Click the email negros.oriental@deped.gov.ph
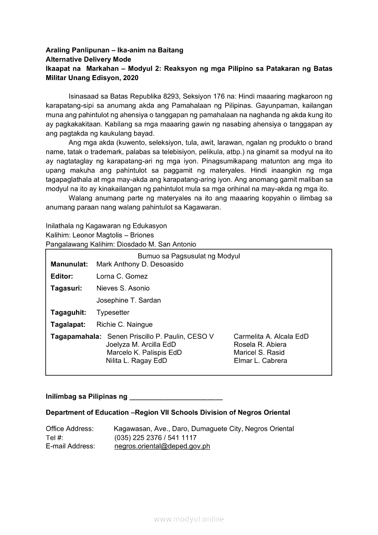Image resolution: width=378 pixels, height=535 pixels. pyautogui.click(x=162, y=446)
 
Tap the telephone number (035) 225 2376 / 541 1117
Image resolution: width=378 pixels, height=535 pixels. pyautogui.click(x=155, y=438)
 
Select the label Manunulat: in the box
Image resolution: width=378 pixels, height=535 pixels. pyautogui.click(x=69, y=265)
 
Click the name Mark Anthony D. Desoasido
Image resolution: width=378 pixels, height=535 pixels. pyautogui.click(x=140, y=265)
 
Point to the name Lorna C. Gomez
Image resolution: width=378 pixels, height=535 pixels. pyautogui.click(x=122, y=276)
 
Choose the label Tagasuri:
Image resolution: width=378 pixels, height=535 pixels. pyautogui.click(x=66, y=288)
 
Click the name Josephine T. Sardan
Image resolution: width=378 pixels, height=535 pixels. pyautogui.click(x=129, y=301)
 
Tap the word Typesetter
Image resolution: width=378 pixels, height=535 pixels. pyautogui.click(x=113, y=313)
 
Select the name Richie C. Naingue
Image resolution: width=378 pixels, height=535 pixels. pyautogui.click(x=124, y=324)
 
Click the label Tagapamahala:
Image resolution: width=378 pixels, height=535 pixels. pyautogui.click(x=76, y=336)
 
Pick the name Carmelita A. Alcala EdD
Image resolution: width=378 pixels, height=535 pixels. pyautogui.click(x=271, y=336)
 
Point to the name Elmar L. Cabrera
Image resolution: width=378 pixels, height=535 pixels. pyautogui.click(x=260, y=361)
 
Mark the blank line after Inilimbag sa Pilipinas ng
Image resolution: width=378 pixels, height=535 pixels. pyautogui.click(x=176, y=397)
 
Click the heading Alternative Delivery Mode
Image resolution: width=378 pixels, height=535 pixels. pyautogui.click(x=88, y=59)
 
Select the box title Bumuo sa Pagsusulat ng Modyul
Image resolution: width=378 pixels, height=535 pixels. pyautogui.click(x=189, y=256)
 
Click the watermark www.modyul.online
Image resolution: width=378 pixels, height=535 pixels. pyautogui.click(x=189, y=519)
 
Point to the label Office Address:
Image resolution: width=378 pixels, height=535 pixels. pyautogui.click(x=70, y=429)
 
